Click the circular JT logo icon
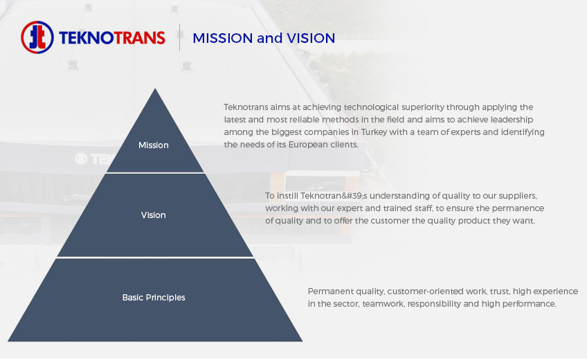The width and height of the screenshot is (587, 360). click(37, 37)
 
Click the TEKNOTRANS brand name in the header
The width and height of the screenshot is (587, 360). click(112, 38)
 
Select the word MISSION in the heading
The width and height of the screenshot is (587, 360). click(223, 38)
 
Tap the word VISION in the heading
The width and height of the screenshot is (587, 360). click(311, 38)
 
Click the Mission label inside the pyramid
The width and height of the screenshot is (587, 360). click(154, 145)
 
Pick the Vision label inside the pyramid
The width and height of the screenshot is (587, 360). click(154, 215)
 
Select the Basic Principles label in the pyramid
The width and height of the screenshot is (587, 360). click(154, 298)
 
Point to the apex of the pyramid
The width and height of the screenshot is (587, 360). click(155, 89)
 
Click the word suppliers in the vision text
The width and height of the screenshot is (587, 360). click(518, 196)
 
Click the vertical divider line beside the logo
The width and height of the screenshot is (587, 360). click(180, 37)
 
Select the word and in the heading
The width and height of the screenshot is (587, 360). click(269, 38)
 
